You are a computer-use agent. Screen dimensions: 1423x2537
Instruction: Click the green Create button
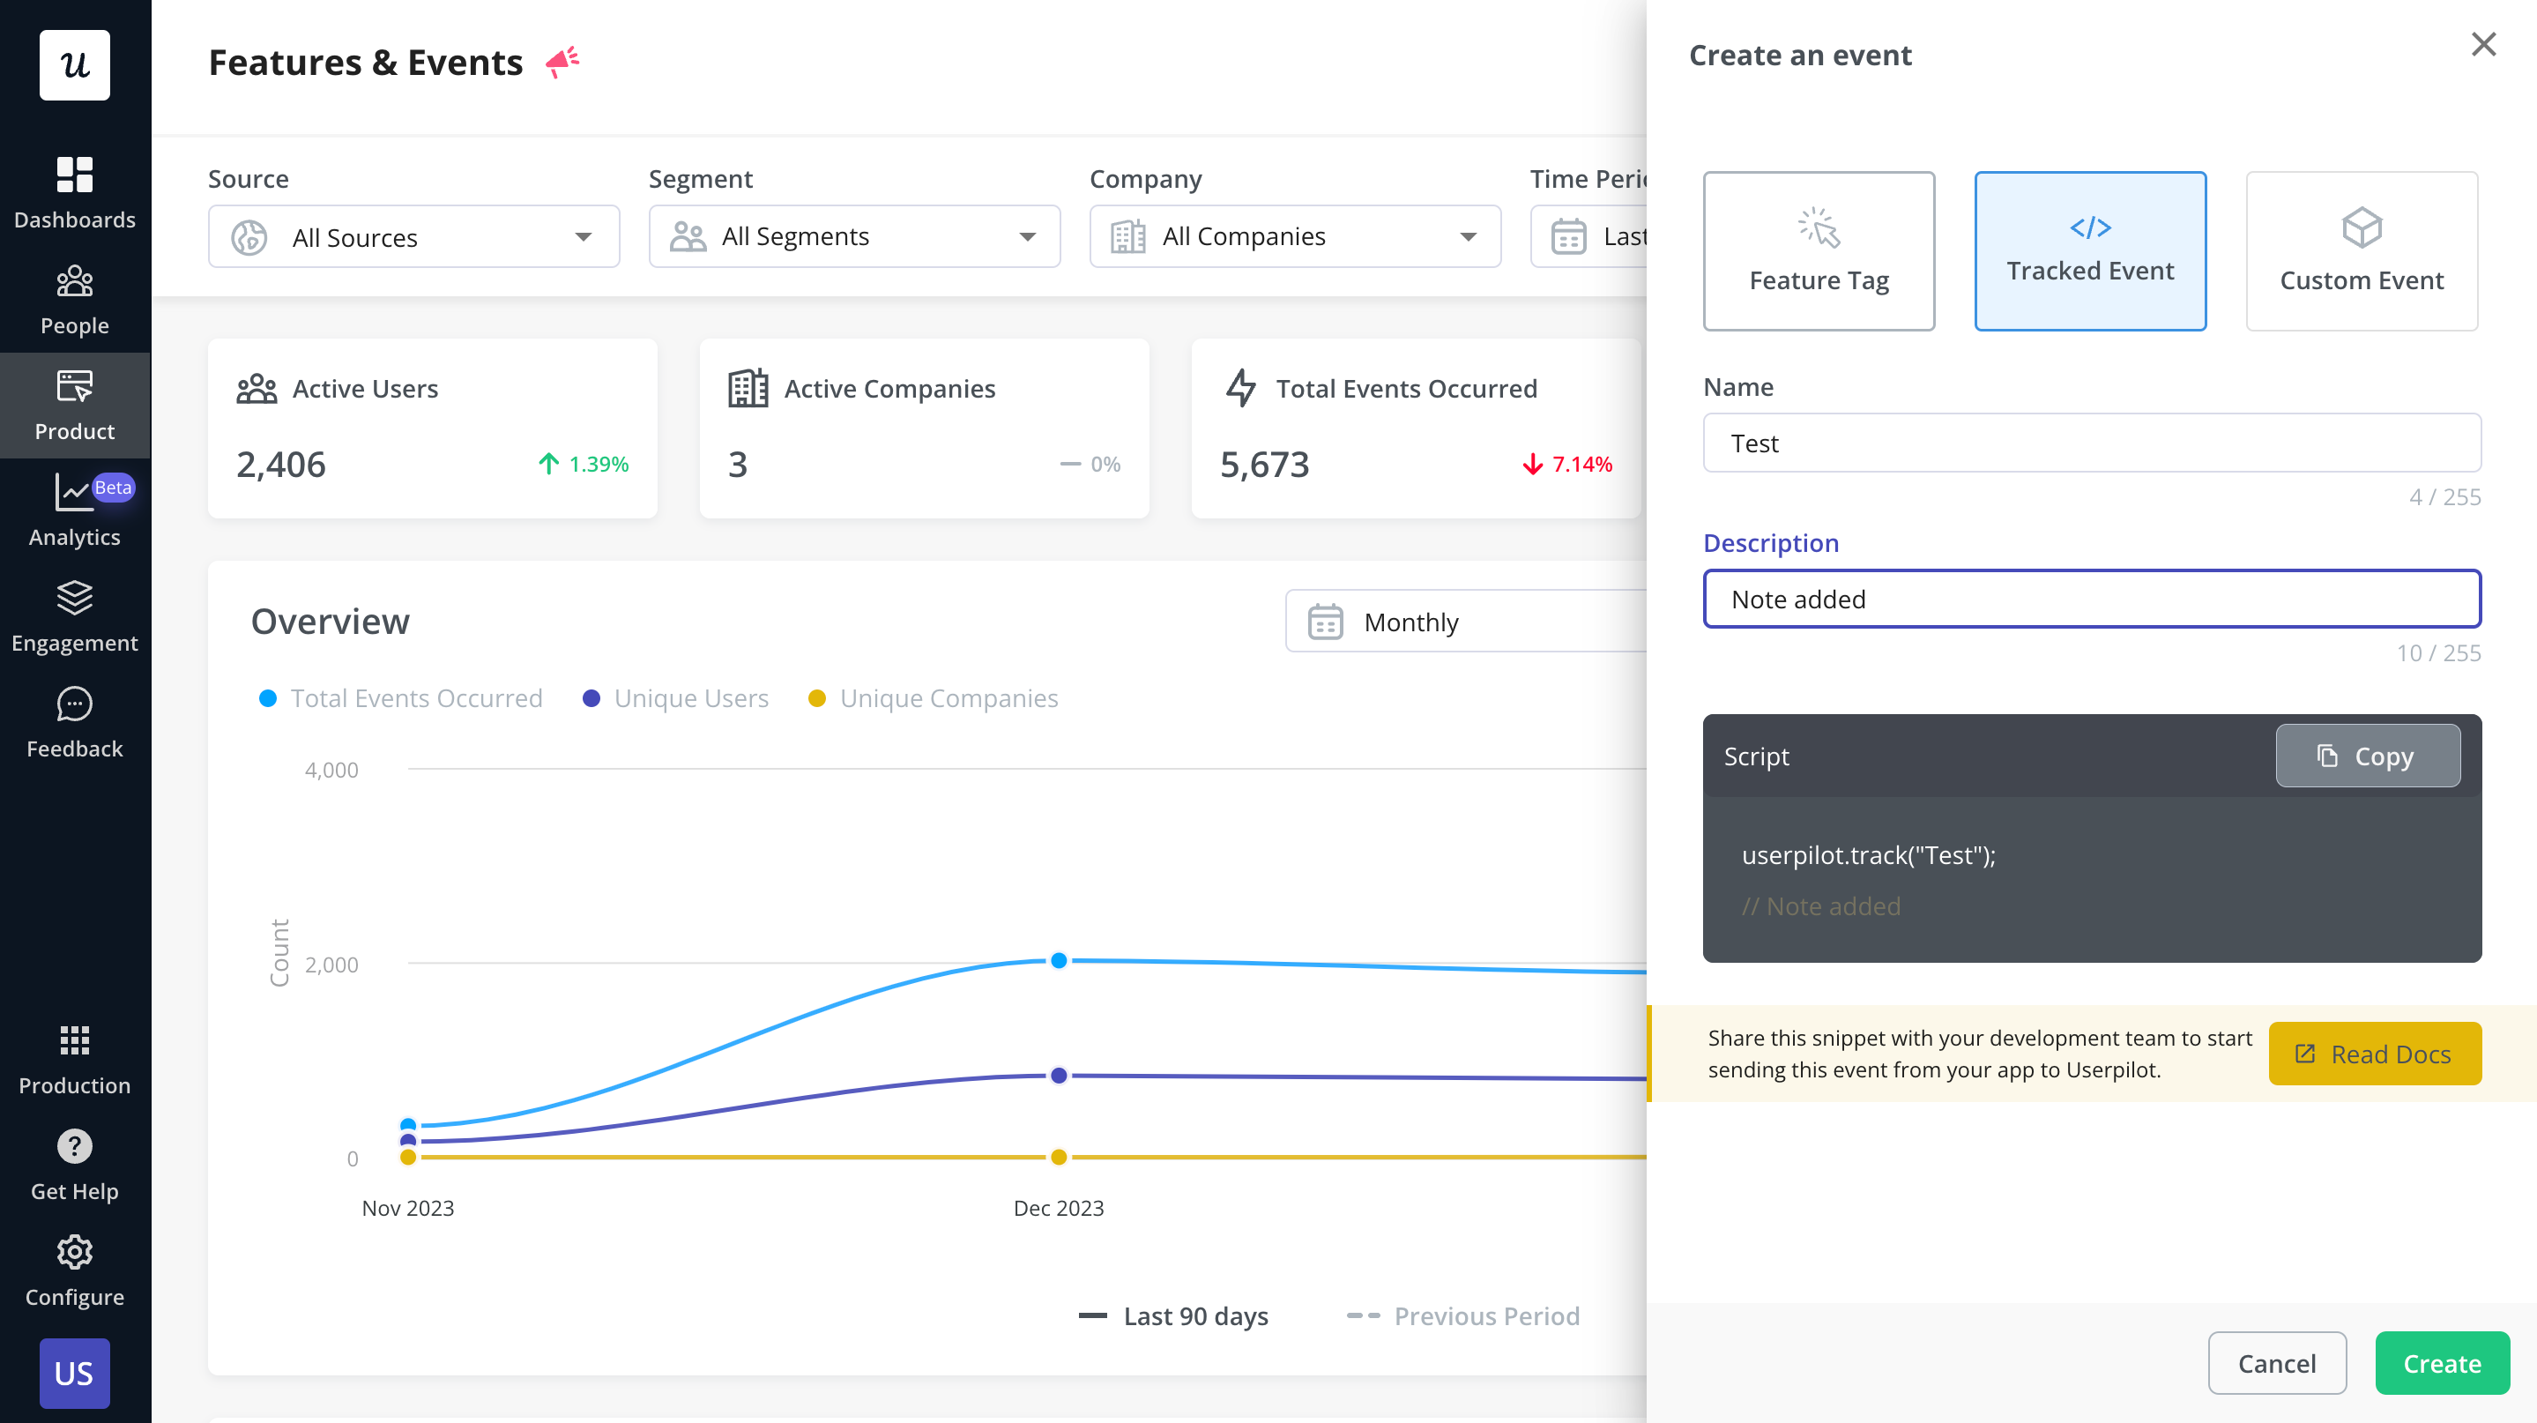point(2442,1363)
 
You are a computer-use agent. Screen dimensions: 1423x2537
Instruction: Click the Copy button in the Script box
point(2367,756)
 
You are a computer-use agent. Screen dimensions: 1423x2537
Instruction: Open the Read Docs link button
point(2374,1054)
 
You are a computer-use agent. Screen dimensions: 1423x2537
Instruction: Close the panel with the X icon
point(2483,44)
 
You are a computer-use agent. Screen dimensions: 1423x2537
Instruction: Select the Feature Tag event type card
point(1818,251)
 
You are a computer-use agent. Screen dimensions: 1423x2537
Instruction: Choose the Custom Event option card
point(2361,251)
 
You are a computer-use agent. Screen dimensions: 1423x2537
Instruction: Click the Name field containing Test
point(2091,443)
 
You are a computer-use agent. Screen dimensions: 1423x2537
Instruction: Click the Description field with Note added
point(2091,599)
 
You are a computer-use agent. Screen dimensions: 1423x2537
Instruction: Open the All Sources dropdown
point(413,237)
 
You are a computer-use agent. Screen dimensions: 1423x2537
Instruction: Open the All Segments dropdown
point(854,236)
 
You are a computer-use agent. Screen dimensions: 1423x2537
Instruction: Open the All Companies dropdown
point(1294,236)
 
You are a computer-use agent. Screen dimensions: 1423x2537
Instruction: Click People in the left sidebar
point(75,300)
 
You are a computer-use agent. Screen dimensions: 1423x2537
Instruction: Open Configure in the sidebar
point(75,1270)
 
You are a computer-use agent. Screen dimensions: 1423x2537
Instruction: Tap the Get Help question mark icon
point(75,1146)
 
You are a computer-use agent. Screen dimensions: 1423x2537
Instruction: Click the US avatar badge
point(75,1373)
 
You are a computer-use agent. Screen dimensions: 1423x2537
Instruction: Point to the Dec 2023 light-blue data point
point(1059,960)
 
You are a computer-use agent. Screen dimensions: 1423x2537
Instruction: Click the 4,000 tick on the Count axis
point(332,770)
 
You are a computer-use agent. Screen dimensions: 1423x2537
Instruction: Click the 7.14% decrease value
point(1581,464)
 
